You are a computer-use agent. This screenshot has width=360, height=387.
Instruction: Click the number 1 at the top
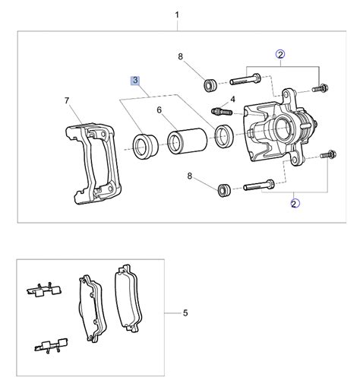pos(178,14)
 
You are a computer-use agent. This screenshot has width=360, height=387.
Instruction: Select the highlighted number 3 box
pos(135,80)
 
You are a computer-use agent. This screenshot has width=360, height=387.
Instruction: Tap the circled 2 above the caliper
pos(280,55)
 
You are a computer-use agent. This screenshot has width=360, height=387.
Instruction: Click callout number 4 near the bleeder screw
pos(232,100)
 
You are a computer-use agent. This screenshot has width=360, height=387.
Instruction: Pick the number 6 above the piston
pos(159,110)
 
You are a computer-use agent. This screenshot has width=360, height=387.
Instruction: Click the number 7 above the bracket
pos(67,100)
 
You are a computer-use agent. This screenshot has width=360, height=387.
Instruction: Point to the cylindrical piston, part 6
pos(183,142)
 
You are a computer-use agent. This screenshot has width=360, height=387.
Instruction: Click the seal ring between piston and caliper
pos(224,136)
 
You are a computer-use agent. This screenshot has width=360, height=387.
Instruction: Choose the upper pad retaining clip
pos(44,290)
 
